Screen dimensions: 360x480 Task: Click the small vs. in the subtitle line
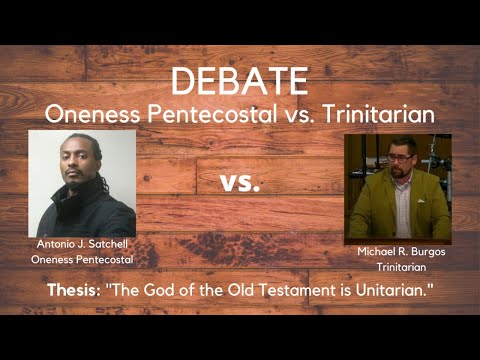click(x=293, y=115)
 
